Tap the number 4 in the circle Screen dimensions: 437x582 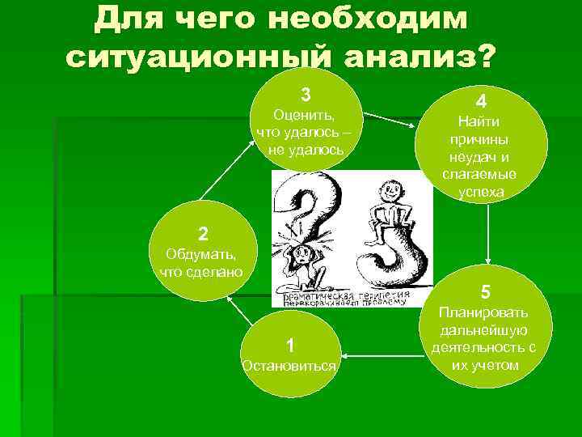(x=481, y=102)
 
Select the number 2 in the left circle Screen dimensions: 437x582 (x=204, y=235)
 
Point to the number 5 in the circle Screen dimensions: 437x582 (x=485, y=291)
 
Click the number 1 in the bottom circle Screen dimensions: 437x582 (x=290, y=343)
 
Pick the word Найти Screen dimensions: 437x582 (x=479, y=122)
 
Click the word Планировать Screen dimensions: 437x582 (x=484, y=312)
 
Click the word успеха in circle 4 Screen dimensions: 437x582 (x=481, y=193)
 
